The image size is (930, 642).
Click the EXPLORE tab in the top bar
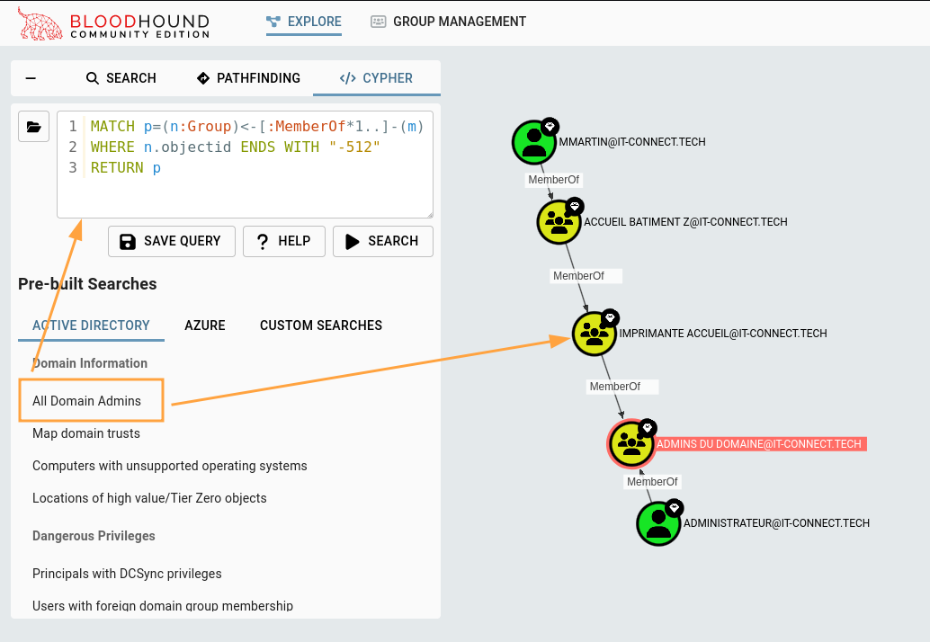pyautogui.click(x=304, y=22)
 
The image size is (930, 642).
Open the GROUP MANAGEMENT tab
pyautogui.click(x=448, y=22)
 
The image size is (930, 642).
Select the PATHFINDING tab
pyautogui.click(x=248, y=78)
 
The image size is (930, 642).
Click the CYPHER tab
pyautogui.click(x=376, y=78)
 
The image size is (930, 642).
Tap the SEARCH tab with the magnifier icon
pyautogui.click(x=121, y=78)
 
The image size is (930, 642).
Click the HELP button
pyautogui.click(x=283, y=241)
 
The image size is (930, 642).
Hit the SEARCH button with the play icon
pyautogui.click(x=382, y=241)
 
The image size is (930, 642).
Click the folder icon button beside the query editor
pyautogui.click(x=33, y=127)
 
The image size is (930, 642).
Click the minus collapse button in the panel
pyautogui.click(x=31, y=78)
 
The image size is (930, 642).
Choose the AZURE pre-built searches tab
pyautogui.click(x=205, y=325)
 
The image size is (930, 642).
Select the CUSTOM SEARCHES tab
pyautogui.click(x=321, y=325)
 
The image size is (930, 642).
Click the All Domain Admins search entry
pyautogui.click(x=87, y=401)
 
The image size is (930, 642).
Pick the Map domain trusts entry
pyautogui.click(x=86, y=433)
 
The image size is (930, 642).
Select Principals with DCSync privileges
pyautogui.click(x=127, y=574)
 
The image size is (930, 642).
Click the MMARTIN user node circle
pyautogui.click(x=534, y=142)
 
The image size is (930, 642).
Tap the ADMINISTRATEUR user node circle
pyautogui.click(x=658, y=523)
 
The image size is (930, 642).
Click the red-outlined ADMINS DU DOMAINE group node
pyautogui.click(x=631, y=444)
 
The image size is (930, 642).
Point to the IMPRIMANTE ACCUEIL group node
pyautogui.click(x=595, y=334)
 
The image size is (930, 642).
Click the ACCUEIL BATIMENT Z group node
pyautogui.click(x=559, y=222)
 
